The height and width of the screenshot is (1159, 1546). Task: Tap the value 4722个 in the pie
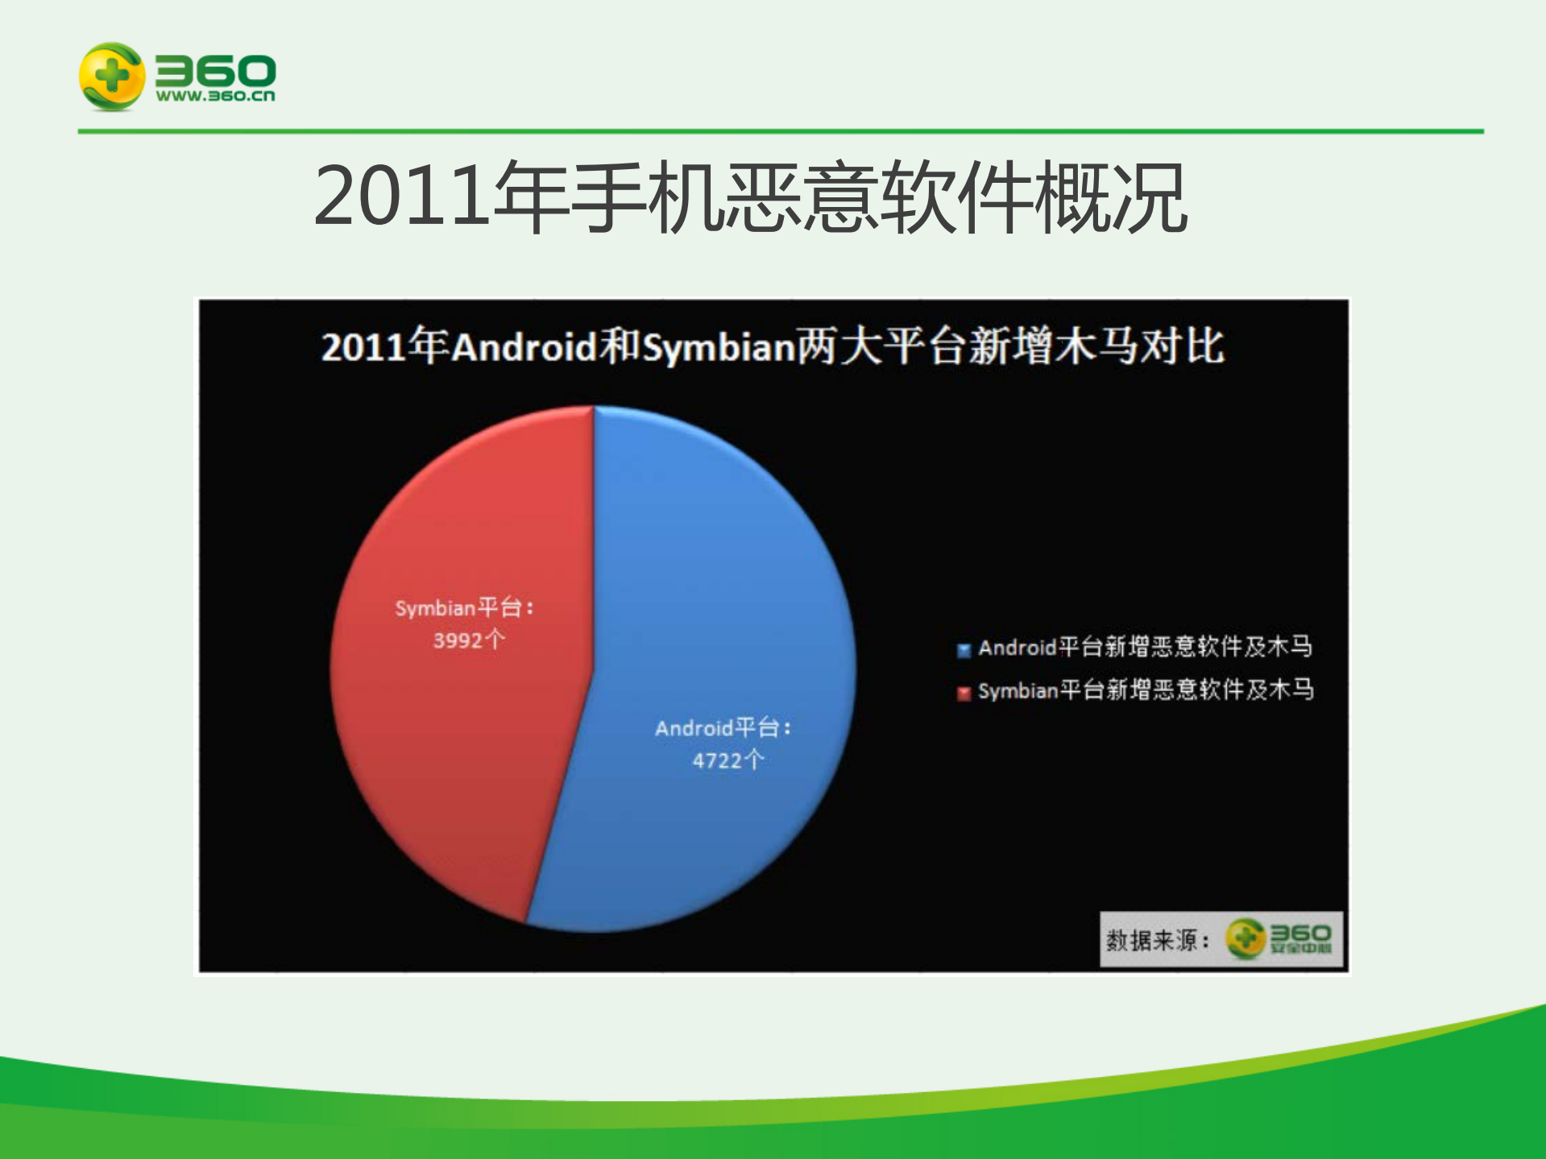727,760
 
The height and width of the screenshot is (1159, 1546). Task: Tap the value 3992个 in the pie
469,640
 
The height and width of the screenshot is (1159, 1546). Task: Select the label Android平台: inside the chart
723,728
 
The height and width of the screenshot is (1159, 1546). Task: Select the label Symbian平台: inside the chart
464,608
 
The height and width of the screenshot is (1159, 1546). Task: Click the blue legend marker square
964,650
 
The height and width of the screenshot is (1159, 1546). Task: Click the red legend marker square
964,693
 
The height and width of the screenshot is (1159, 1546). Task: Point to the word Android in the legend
1017,648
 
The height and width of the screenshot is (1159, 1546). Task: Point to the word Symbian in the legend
1017,691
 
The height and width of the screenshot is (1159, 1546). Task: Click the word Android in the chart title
524,348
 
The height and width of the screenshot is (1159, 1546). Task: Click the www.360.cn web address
215,96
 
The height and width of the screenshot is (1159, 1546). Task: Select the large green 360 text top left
215,70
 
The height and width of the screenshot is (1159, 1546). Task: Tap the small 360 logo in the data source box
1279,938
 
